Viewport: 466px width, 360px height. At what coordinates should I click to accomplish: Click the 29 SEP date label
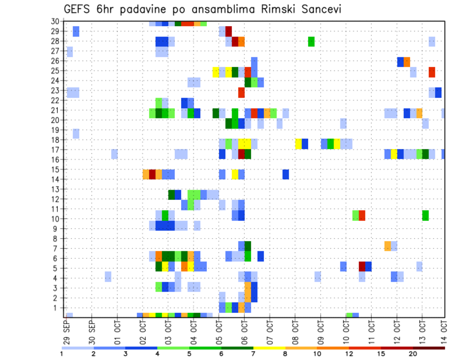coord(66,331)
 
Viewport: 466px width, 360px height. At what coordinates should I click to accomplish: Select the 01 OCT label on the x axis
coord(117,331)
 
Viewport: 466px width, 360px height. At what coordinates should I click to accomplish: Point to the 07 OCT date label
coord(269,331)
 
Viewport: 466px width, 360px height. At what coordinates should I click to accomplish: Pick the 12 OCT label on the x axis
coord(396,331)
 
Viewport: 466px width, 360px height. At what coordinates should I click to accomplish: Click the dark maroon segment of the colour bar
coord(429,348)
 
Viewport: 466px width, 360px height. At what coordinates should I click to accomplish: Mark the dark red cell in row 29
coord(229,32)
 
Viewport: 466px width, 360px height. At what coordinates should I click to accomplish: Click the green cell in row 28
coord(311,41)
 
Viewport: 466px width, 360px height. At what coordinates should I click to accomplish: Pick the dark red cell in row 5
coord(362,266)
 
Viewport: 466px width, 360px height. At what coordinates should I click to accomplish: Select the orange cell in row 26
coord(407,62)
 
